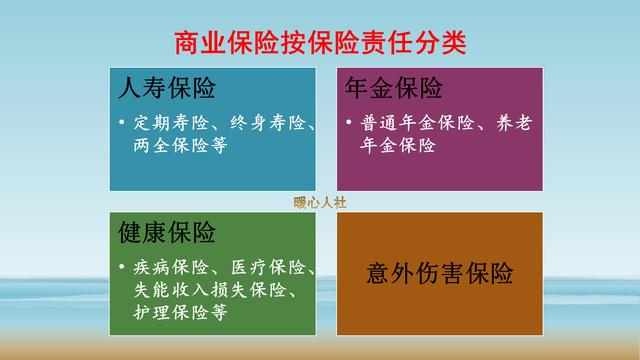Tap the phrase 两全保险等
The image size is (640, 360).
(178, 145)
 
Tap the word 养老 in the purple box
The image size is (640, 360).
(511, 125)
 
